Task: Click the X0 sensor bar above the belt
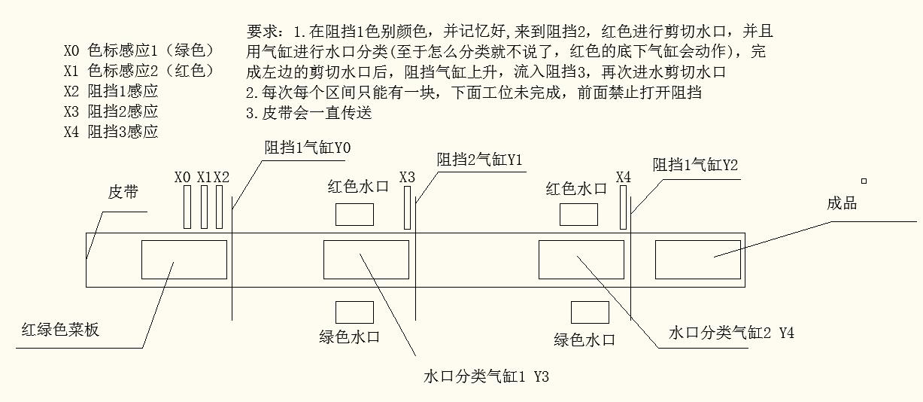(x=188, y=207)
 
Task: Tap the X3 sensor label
(x=407, y=177)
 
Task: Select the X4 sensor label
(x=624, y=177)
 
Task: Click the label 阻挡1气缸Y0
(x=307, y=148)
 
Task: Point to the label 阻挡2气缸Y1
(x=480, y=160)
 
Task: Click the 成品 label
(x=842, y=203)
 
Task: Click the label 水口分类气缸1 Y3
(x=487, y=376)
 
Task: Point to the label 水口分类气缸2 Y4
(x=731, y=333)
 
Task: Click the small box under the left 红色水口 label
(x=354, y=215)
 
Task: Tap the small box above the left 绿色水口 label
(x=354, y=312)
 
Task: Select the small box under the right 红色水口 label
(x=578, y=215)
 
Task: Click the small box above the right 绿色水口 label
(x=590, y=312)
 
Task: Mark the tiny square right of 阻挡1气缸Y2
(x=864, y=181)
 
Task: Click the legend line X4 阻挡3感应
(x=111, y=131)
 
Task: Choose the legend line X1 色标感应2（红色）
(x=139, y=71)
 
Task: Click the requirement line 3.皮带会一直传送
(x=309, y=114)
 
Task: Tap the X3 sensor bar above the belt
(x=408, y=208)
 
